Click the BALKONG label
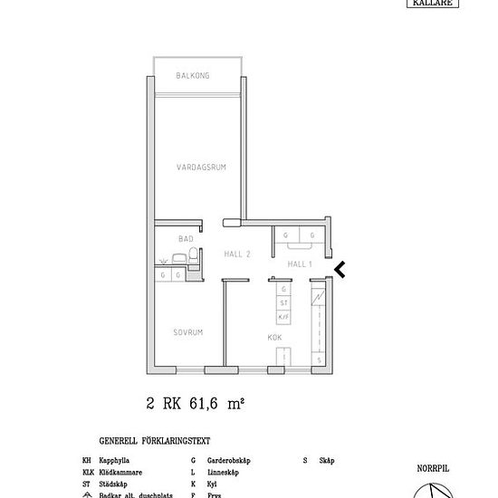coord(192,76)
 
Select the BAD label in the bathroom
coord(186,239)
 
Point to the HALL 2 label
coord(236,254)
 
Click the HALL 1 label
coord(299,263)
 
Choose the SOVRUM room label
coord(187,333)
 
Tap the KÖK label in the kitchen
coord(274,338)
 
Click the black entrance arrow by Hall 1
coord(340,268)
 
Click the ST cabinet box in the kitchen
coord(283,302)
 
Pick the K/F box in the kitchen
coord(283,316)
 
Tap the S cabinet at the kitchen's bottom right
coord(319,359)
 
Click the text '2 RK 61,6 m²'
coord(196,405)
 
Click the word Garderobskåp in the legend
coord(229,461)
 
